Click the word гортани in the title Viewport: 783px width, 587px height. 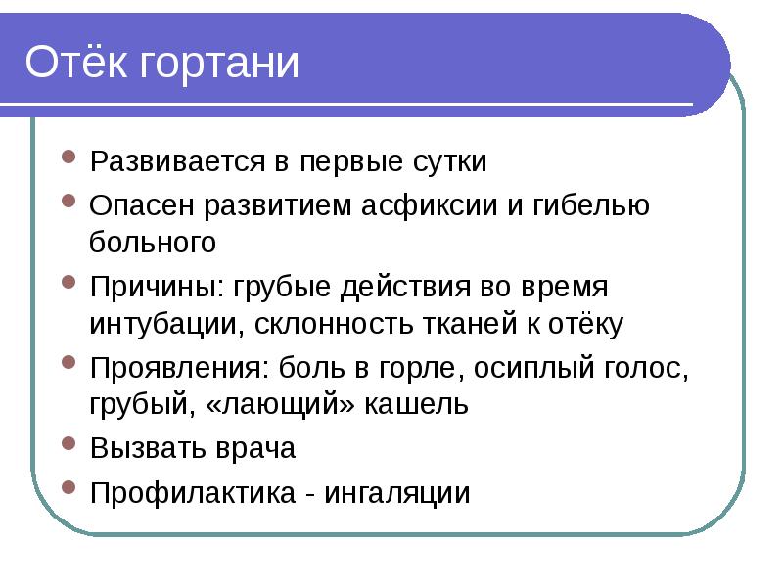[x=218, y=66]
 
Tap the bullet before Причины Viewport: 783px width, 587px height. [x=68, y=282]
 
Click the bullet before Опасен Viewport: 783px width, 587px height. [x=68, y=200]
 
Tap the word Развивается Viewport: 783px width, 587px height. [x=174, y=161]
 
